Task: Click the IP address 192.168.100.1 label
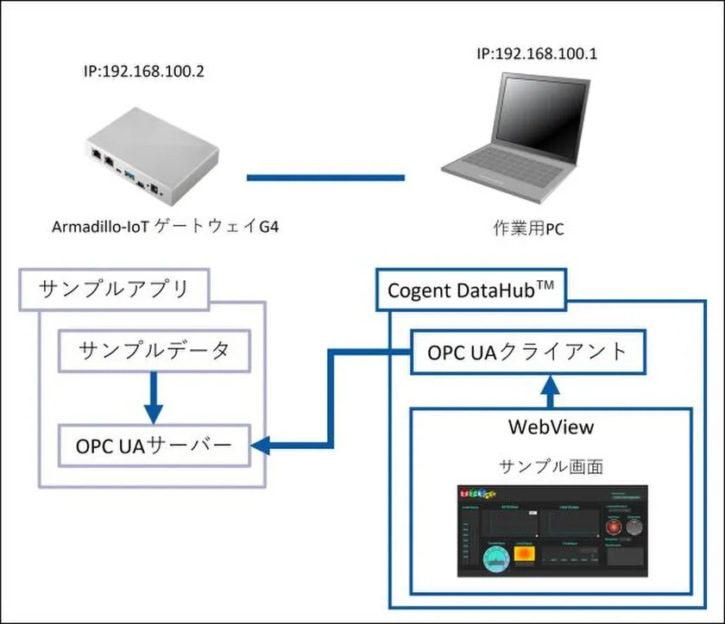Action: (x=539, y=54)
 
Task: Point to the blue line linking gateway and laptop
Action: (x=325, y=178)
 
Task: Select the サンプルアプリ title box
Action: (x=114, y=290)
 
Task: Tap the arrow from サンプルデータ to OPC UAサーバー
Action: (x=152, y=396)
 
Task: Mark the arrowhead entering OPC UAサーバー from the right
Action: (x=261, y=446)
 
